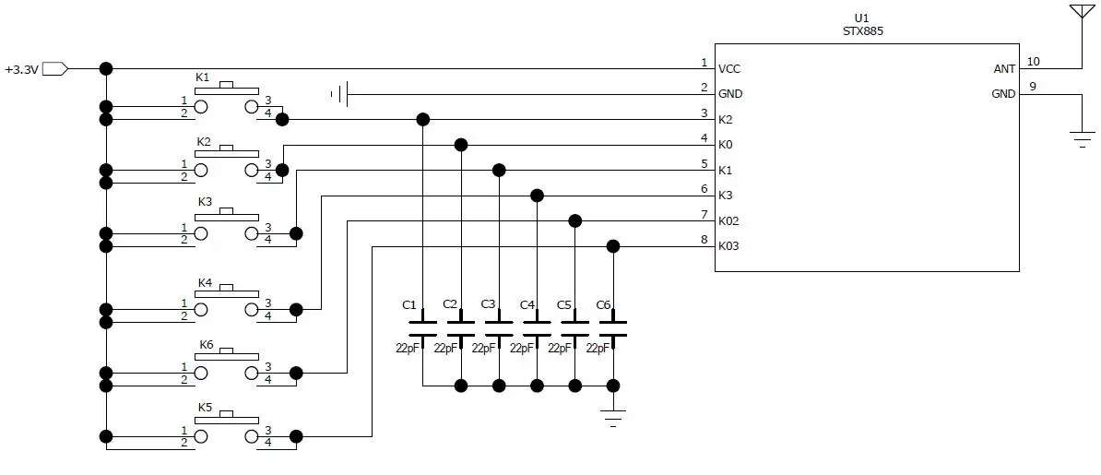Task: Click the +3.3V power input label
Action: click(20, 69)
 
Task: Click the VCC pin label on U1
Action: click(728, 69)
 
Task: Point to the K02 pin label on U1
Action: click(728, 221)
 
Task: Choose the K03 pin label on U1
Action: click(728, 246)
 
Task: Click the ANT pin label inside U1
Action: click(1004, 69)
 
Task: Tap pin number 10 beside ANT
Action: click(1033, 62)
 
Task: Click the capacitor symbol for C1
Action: click(422, 327)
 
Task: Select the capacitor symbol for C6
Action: click(613, 327)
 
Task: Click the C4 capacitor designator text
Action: click(527, 304)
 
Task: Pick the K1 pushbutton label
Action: click(203, 77)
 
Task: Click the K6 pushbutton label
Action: click(207, 345)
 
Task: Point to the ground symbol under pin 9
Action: click(1082, 138)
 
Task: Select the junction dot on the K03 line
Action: click(613, 246)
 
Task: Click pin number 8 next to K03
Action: click(704, 240)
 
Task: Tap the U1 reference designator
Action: click(861, 18)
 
